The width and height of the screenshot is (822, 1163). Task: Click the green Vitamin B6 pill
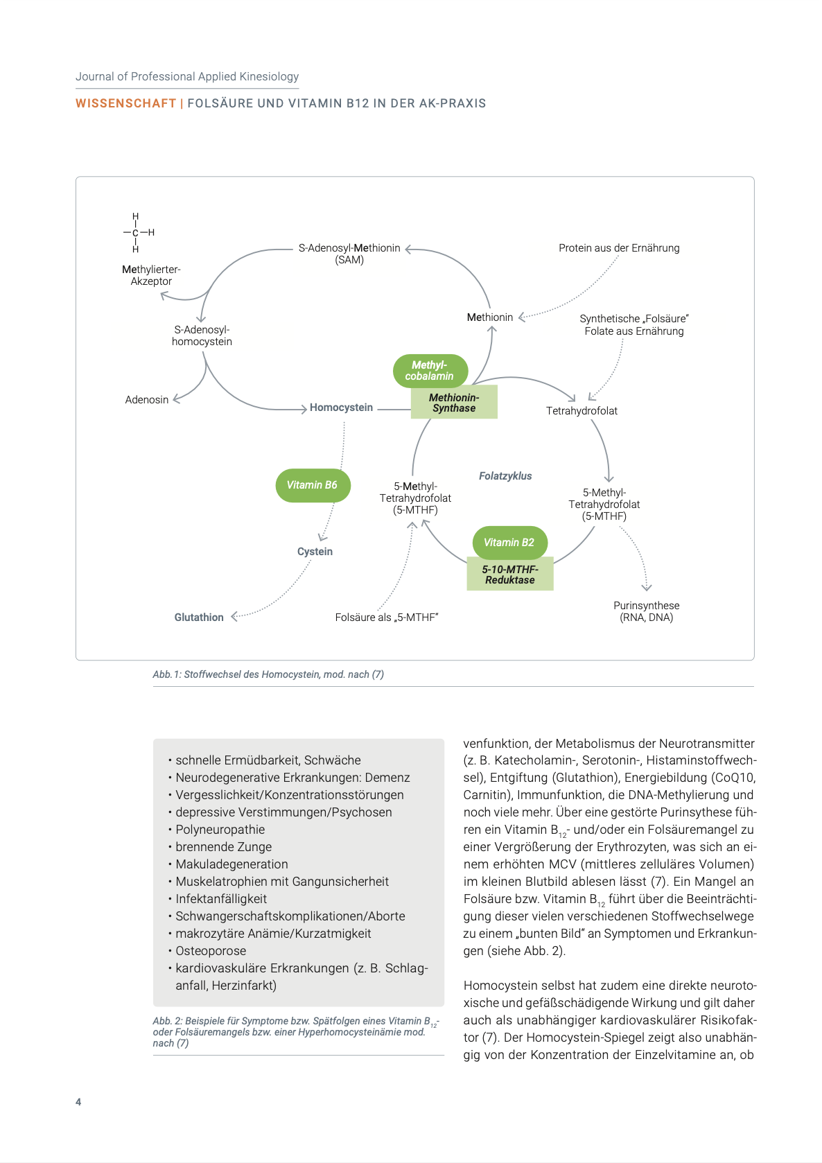313,485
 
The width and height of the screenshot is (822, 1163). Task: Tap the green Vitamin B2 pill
509,543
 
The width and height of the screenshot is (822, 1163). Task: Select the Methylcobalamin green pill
430,371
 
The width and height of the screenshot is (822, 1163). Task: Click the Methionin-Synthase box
454,403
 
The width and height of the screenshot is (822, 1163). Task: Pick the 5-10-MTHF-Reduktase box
510,575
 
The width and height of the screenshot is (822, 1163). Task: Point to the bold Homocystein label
341,408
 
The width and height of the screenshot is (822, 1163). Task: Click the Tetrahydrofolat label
581,411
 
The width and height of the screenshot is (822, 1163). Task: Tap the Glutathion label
199,618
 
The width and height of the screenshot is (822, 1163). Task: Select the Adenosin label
147,400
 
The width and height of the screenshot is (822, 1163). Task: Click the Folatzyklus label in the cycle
505,476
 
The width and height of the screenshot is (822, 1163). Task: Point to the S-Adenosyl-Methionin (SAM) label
349,254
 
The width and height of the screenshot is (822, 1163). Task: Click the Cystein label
315,552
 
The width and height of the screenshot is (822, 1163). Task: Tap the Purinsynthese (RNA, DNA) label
646,611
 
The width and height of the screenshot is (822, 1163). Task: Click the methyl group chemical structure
137,233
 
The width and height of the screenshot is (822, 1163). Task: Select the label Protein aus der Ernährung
619,248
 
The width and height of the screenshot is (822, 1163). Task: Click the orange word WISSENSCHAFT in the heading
125,103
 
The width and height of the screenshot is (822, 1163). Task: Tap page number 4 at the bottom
78,1102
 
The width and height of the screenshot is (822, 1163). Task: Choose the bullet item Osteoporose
211,951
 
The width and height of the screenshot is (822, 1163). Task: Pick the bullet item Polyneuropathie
220,830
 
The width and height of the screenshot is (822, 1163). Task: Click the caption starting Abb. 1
268,674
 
